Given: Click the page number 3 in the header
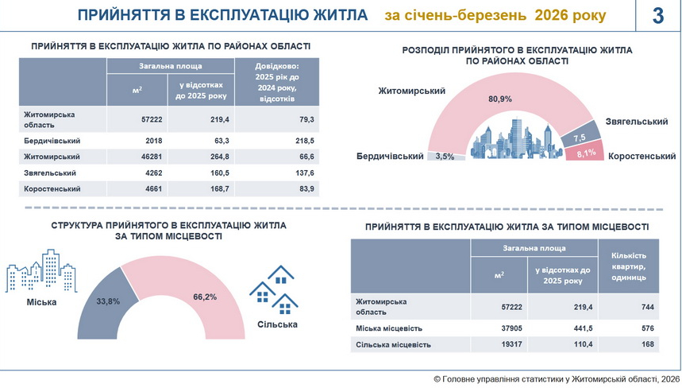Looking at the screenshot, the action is tap(658, 16).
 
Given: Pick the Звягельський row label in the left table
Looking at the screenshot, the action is tap(50, 173).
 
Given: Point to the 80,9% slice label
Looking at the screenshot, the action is tap(499, 99).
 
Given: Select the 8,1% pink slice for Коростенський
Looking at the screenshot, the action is tap(585, 151).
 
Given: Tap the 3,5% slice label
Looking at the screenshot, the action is tap(445, 157).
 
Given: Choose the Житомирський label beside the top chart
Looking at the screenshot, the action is tap(411, 91).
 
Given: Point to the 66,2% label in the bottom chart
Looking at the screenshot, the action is tap(205, 297).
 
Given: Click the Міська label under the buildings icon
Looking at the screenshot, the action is tap(41, 302).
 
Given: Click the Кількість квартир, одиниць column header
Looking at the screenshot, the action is tap(629, 266).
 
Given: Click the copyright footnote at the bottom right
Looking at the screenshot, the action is tap(557, 378).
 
